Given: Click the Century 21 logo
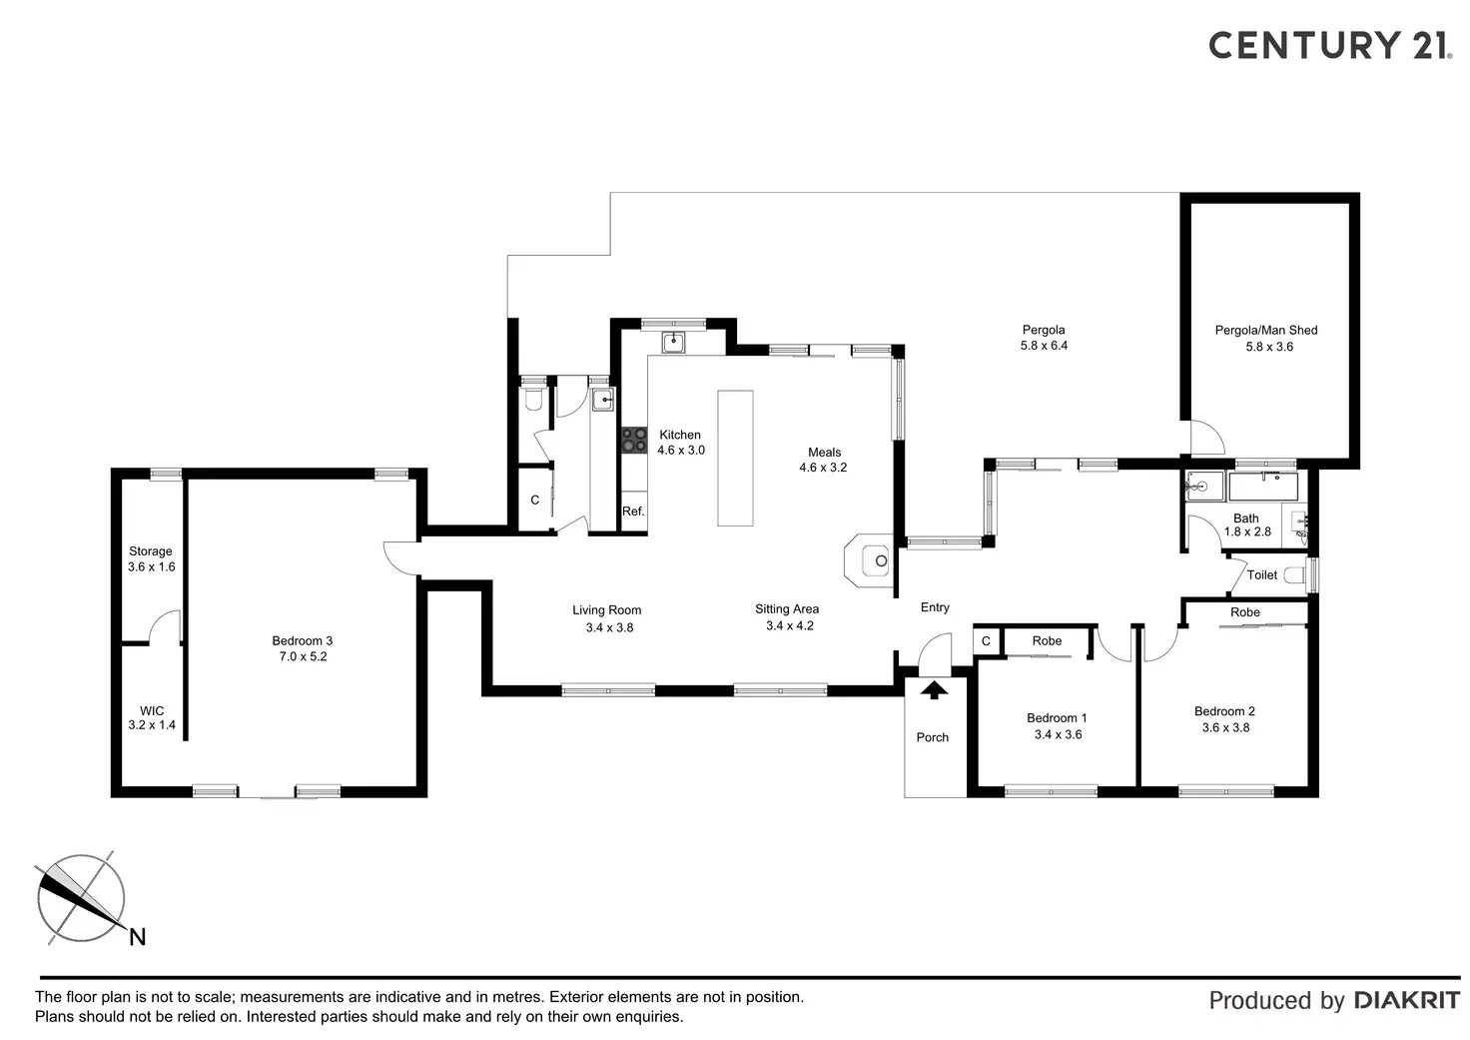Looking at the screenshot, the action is point(1328,45).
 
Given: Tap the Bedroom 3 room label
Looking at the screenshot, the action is point(302,641).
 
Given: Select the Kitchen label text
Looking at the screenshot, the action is point(680,435).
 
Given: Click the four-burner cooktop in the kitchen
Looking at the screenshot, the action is point(634,440).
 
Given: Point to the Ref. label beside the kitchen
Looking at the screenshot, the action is point(633,512).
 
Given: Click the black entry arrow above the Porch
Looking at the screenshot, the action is point(935,688).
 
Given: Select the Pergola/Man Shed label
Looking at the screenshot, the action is point(1266,330).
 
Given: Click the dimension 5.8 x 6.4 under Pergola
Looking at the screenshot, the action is point(1044,346).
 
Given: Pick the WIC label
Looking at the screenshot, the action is point(152,711).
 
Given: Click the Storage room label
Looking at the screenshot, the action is point(151,551).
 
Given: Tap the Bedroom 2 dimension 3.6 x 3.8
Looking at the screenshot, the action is point(1225,727).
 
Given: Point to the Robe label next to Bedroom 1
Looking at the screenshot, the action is point(1047,641).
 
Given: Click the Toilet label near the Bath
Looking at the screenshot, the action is point(1262,575).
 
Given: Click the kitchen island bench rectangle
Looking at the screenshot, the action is point(735,458).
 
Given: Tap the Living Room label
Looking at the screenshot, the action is point(607,610).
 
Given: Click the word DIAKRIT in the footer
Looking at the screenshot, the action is point(1406,1000).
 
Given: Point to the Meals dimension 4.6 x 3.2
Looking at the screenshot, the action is point(823,468).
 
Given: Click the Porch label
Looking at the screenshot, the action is point(933,737).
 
